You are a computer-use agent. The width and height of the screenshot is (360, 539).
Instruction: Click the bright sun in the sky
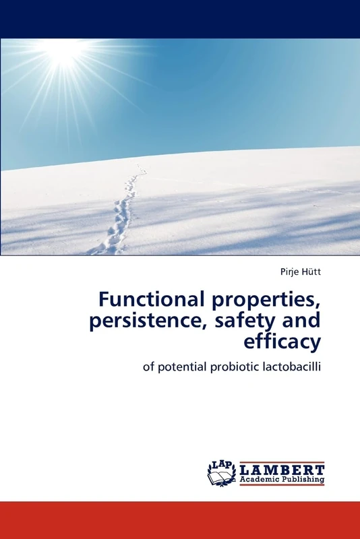pyautogui.click(x=64, y=51)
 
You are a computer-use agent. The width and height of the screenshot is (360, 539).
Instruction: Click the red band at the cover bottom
pyautogui.click(x=180, y=519)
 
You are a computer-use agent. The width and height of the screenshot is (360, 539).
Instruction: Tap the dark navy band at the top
pyautogui.click(x=180, y=19)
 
